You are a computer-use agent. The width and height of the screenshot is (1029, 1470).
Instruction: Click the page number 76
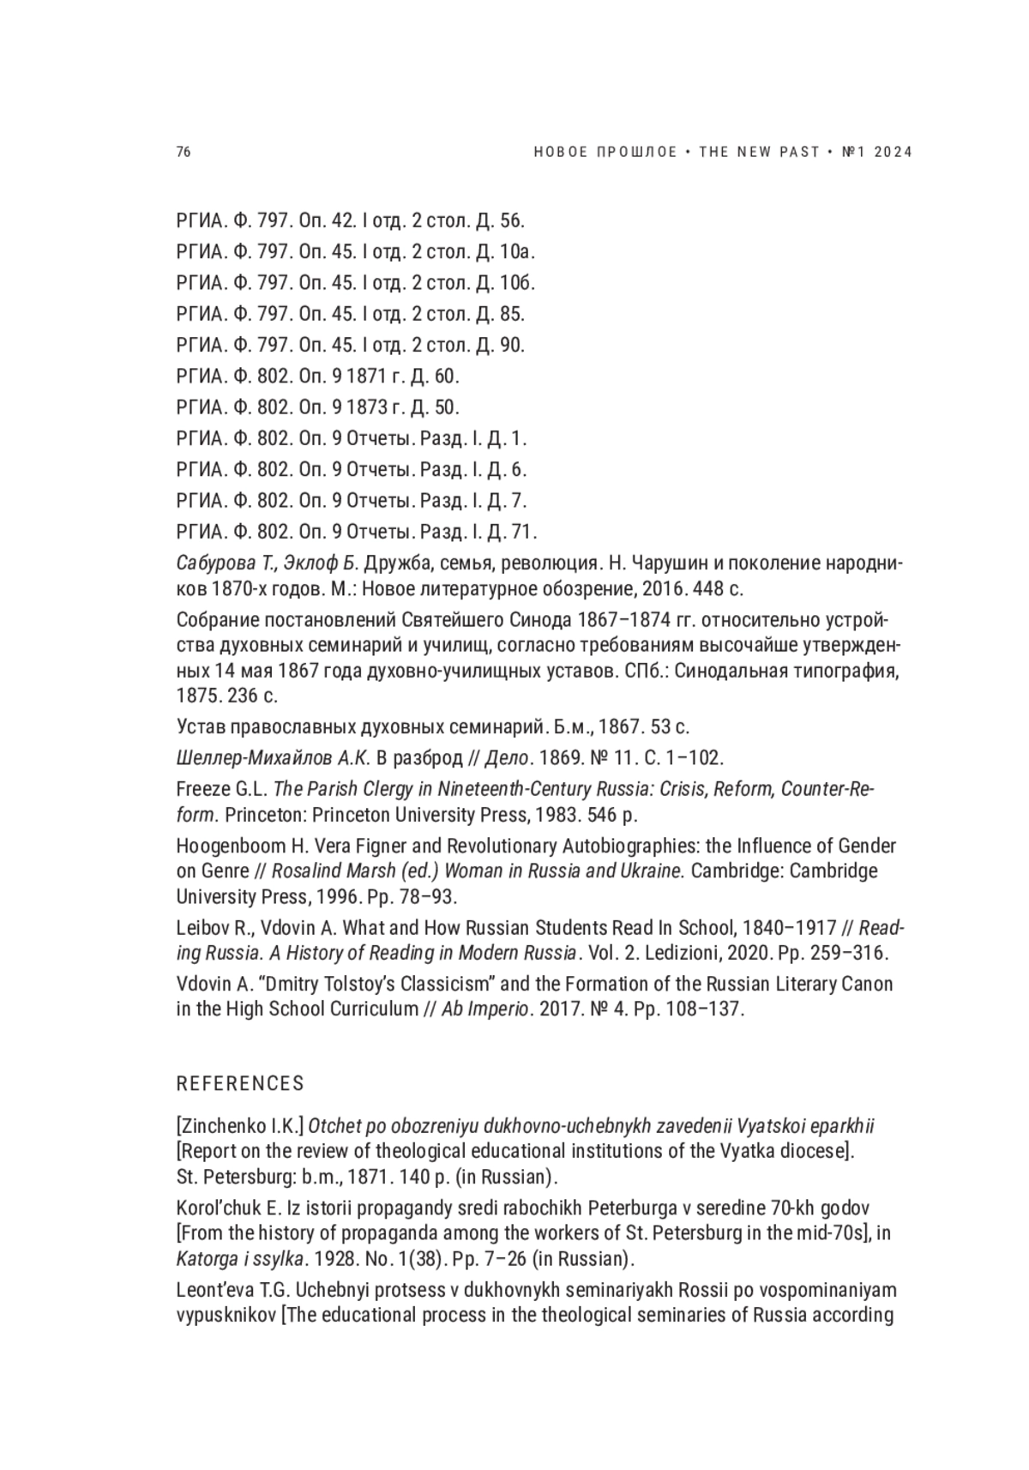coord(184,153)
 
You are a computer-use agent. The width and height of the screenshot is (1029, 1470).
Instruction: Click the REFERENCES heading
coord(240,1083)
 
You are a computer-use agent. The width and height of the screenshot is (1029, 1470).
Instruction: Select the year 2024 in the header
coord(894,153)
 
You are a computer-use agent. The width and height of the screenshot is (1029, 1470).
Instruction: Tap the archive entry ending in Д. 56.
coord(350,220)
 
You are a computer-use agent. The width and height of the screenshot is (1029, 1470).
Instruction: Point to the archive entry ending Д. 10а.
coord(356,252)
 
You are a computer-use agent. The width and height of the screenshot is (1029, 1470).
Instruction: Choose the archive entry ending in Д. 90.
coord(350,345)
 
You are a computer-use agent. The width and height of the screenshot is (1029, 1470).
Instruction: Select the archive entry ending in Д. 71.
coord(356,532)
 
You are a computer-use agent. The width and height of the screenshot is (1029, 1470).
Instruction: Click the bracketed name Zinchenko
coord(225,1125)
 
